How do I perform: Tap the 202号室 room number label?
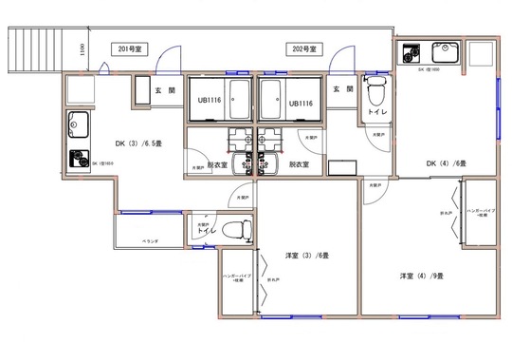pos(305,48)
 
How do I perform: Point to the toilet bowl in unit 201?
pos(242,228)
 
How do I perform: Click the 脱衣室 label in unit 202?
pos(301,164)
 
